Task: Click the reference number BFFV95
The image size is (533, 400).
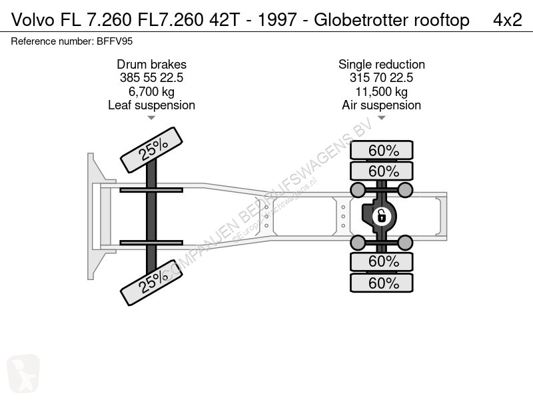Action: (115, 41)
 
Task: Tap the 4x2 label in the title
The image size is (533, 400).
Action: (508, 20)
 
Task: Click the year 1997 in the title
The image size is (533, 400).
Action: (277, 20)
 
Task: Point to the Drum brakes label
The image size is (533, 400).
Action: (152, 64)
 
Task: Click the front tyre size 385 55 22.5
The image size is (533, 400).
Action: (152, 77)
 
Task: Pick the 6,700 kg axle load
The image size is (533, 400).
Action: (152, 91)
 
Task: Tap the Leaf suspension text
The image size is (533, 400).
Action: (152, 105)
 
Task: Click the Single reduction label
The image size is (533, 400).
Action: (382, 64)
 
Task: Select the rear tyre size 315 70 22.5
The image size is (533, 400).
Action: (381, 77)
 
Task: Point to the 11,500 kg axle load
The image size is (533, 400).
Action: (381, 91)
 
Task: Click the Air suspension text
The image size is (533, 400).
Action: (381, 105)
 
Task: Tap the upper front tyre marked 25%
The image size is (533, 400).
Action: (152, 150)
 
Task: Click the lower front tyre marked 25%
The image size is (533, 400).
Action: (152, 283)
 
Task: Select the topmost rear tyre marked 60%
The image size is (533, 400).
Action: (382, 150)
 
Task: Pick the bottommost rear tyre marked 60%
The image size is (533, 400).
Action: (382, 283)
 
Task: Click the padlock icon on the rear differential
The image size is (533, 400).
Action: (382, 216)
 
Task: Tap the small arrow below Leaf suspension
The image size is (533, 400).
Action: (151, 118)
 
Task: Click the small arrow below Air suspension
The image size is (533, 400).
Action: (381, 118)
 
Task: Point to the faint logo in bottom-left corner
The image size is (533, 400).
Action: (23, 373)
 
